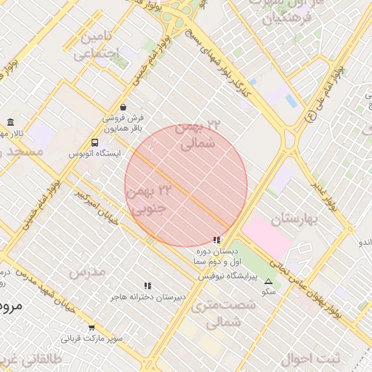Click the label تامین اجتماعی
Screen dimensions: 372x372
click(100, 45)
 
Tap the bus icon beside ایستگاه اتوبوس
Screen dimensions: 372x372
click(95, 142)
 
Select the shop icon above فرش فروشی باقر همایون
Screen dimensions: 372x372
click(123, 107)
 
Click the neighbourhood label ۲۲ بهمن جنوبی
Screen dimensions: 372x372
click(148, 199)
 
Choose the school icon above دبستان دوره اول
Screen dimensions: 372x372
click(217, 239)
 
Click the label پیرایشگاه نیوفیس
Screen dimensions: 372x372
click(227, 277)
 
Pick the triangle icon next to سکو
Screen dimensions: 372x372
click(269, 281)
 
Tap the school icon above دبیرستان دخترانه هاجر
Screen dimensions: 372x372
click(147, 286)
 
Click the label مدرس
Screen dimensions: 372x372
click(88, 272)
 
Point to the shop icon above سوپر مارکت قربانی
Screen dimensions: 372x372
click(92, 328)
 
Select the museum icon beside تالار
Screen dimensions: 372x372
click(10, 122)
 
